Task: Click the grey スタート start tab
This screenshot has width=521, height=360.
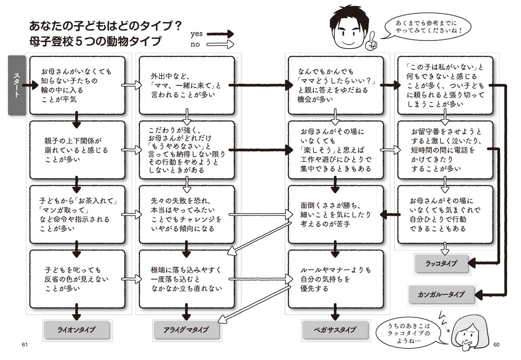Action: pyautogui.click(x=17, y=86)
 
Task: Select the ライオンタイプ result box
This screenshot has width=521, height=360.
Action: pyautogui.click(x=76, y=330)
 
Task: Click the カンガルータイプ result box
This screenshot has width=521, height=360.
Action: pyautogui.click(x=442, y=294)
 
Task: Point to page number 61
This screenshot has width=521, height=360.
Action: pyautogui.click(x=24, y=345)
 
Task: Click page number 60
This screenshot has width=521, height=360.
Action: pyautogui.click(x=498, y=345)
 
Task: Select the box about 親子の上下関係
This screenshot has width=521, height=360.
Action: pyautogui.click(x=76, y=149)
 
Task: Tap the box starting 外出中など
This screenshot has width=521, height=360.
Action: pyautogui.click(x=186, y=85)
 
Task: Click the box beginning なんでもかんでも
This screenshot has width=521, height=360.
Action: pyautogui.click(x=335, y=85)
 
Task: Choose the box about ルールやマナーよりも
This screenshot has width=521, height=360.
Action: pyautogui.click(x=335, y=278)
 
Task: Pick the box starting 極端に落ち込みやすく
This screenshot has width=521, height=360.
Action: pyautogui.click(x=186, y=278)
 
